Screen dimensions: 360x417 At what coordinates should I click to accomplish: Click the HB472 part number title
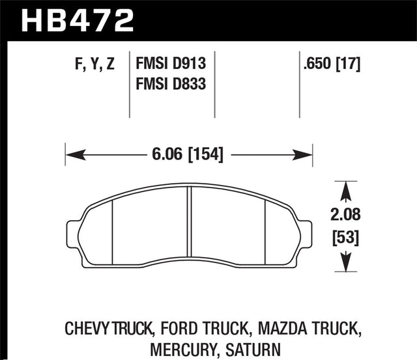78,20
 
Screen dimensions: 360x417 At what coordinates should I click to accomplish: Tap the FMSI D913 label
170,64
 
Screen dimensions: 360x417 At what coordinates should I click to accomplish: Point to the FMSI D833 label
170,84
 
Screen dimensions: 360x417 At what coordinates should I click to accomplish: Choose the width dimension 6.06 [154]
189,155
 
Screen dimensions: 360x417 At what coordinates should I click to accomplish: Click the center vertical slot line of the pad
189,225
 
